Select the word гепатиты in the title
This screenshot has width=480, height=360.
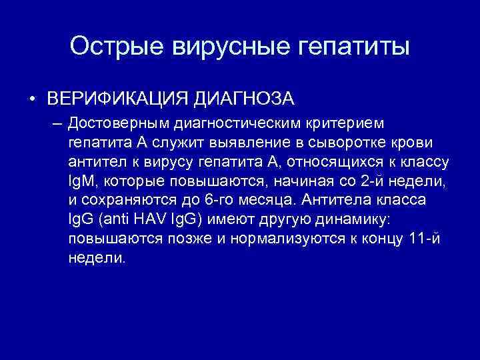coord(349,47)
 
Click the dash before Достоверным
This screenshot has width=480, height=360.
coord(55,123)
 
